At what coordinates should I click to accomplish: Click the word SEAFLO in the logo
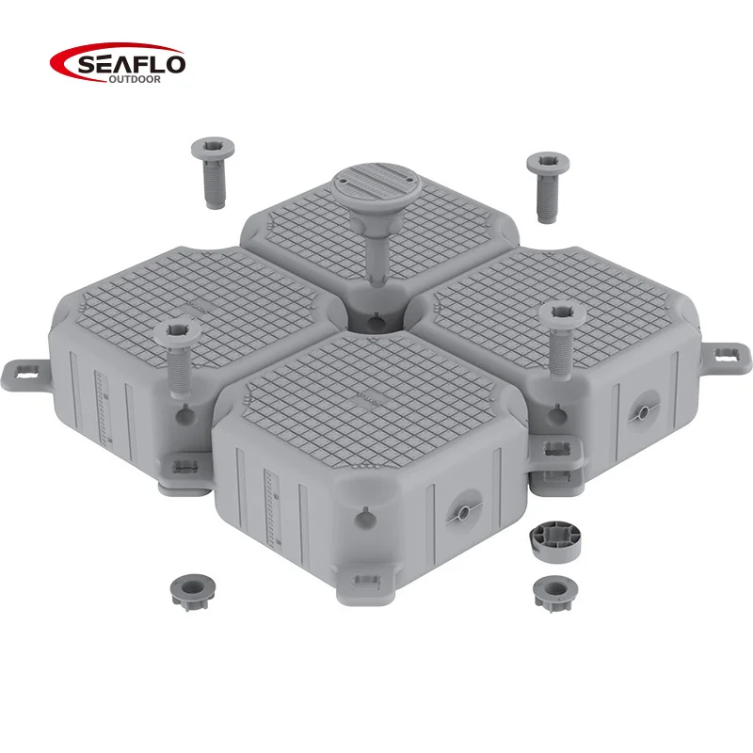[x=131, y=64]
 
